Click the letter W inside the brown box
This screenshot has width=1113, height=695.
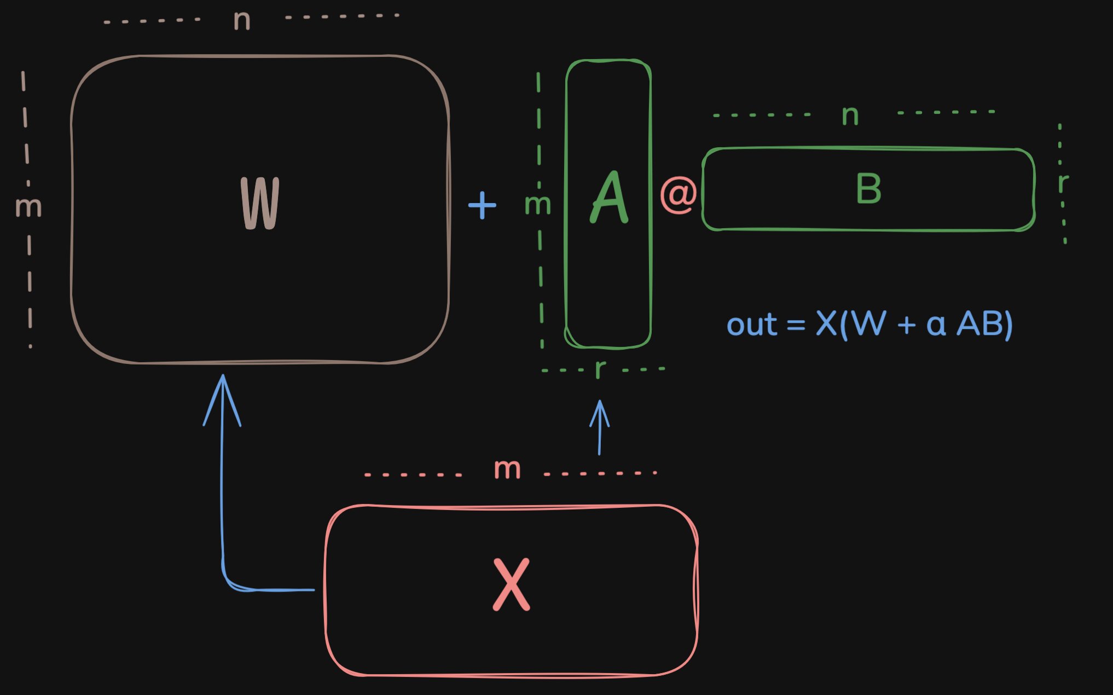pyautogui.click(x=260, y=204)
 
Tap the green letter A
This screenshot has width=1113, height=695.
pyautogui.click(x=610, y=198)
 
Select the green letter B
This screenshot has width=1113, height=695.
pyautogui.click(x=868, y=189)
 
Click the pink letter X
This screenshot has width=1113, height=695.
pyautogui.click(x=512, y=584)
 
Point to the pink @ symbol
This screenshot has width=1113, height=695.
pyautogui.click(x=679, y=195)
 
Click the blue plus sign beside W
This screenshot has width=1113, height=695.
pyautogui.click(x=482, y=205)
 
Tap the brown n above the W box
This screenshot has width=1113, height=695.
pyautogui.click(x=242, y=21)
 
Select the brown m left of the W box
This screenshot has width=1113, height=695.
pyautogui.click(x=28, y=207)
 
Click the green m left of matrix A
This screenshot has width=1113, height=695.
pyautogui.click(x=537, y=205)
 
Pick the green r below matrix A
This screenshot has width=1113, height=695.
pyautogui.click(x=600, y=369)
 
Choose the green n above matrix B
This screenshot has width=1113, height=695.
pyautogui.click(x=850, y=115)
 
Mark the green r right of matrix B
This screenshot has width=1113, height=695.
pyautogui.click(x=1063, y=183)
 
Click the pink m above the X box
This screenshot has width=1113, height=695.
pyautogui.click(x=507, y=470)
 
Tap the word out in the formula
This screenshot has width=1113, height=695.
pyautogui.click(x=751, y=325)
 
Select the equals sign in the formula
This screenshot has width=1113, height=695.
pyautogui.click(x=796, y=326)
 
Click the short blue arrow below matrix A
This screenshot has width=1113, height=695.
pyautogui.click(x=600, y=427)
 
